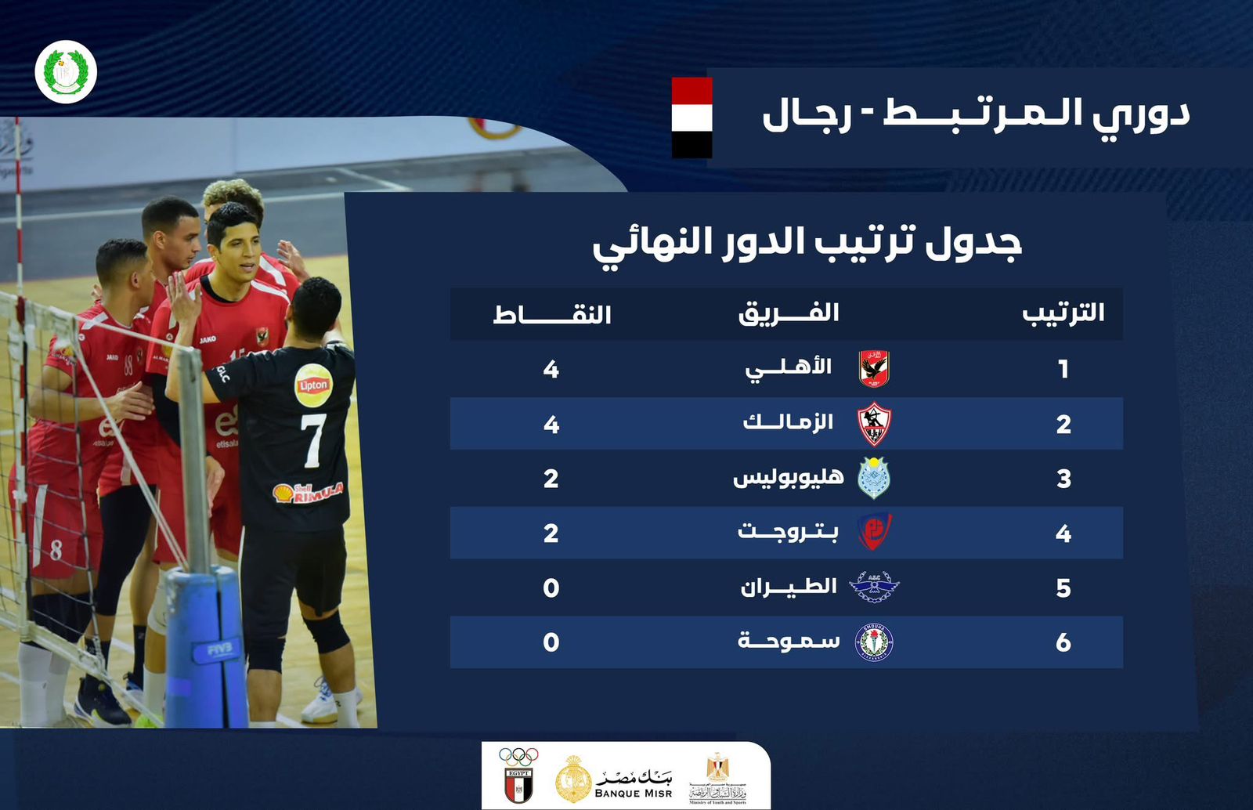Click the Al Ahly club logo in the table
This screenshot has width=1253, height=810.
(874, 368)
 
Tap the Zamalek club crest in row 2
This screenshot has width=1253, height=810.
(874, 424)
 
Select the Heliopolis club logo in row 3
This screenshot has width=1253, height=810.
(874, 478)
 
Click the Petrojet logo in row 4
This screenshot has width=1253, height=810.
(874, 533)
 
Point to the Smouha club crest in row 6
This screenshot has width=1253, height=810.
(874, 642)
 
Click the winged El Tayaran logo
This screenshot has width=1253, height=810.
(874, 587)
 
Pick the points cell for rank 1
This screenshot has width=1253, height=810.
(551, 369)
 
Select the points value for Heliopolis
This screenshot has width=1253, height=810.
(551, 479)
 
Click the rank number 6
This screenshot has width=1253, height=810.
(1063, 642)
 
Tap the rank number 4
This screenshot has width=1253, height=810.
(1063, 533)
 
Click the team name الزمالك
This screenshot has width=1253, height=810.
(788, 423)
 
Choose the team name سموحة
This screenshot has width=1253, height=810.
(789, 642)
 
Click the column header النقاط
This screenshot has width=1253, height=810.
(552, 315)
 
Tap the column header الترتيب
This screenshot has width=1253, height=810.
(1063, 313)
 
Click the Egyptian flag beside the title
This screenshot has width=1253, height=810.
(692, 118)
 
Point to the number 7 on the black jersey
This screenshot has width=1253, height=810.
(313, 440)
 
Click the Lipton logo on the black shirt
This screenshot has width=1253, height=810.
(313, 385)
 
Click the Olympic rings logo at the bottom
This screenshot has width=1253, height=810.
(518, 757)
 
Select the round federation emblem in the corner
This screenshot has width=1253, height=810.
(66, 72)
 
